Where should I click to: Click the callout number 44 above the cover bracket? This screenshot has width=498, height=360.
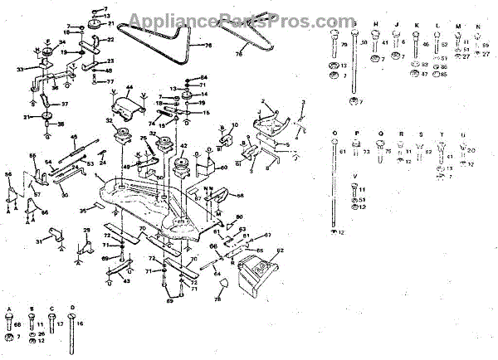[x=129, y=88]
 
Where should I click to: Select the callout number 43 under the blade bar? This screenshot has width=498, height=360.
[x=127, y=281]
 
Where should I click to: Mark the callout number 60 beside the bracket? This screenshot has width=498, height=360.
[x=223, y=166]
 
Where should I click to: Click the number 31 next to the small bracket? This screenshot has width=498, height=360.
[x=38, y=242]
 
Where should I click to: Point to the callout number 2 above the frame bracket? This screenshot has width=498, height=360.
[x=263, y=101]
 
